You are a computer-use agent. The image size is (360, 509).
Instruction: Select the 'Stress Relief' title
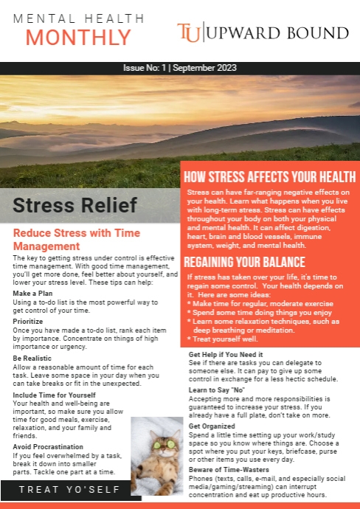point(75,205)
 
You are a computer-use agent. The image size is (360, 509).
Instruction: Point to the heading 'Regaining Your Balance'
point(244,262)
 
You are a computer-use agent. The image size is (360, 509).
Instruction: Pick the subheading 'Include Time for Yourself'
point(55,395)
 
